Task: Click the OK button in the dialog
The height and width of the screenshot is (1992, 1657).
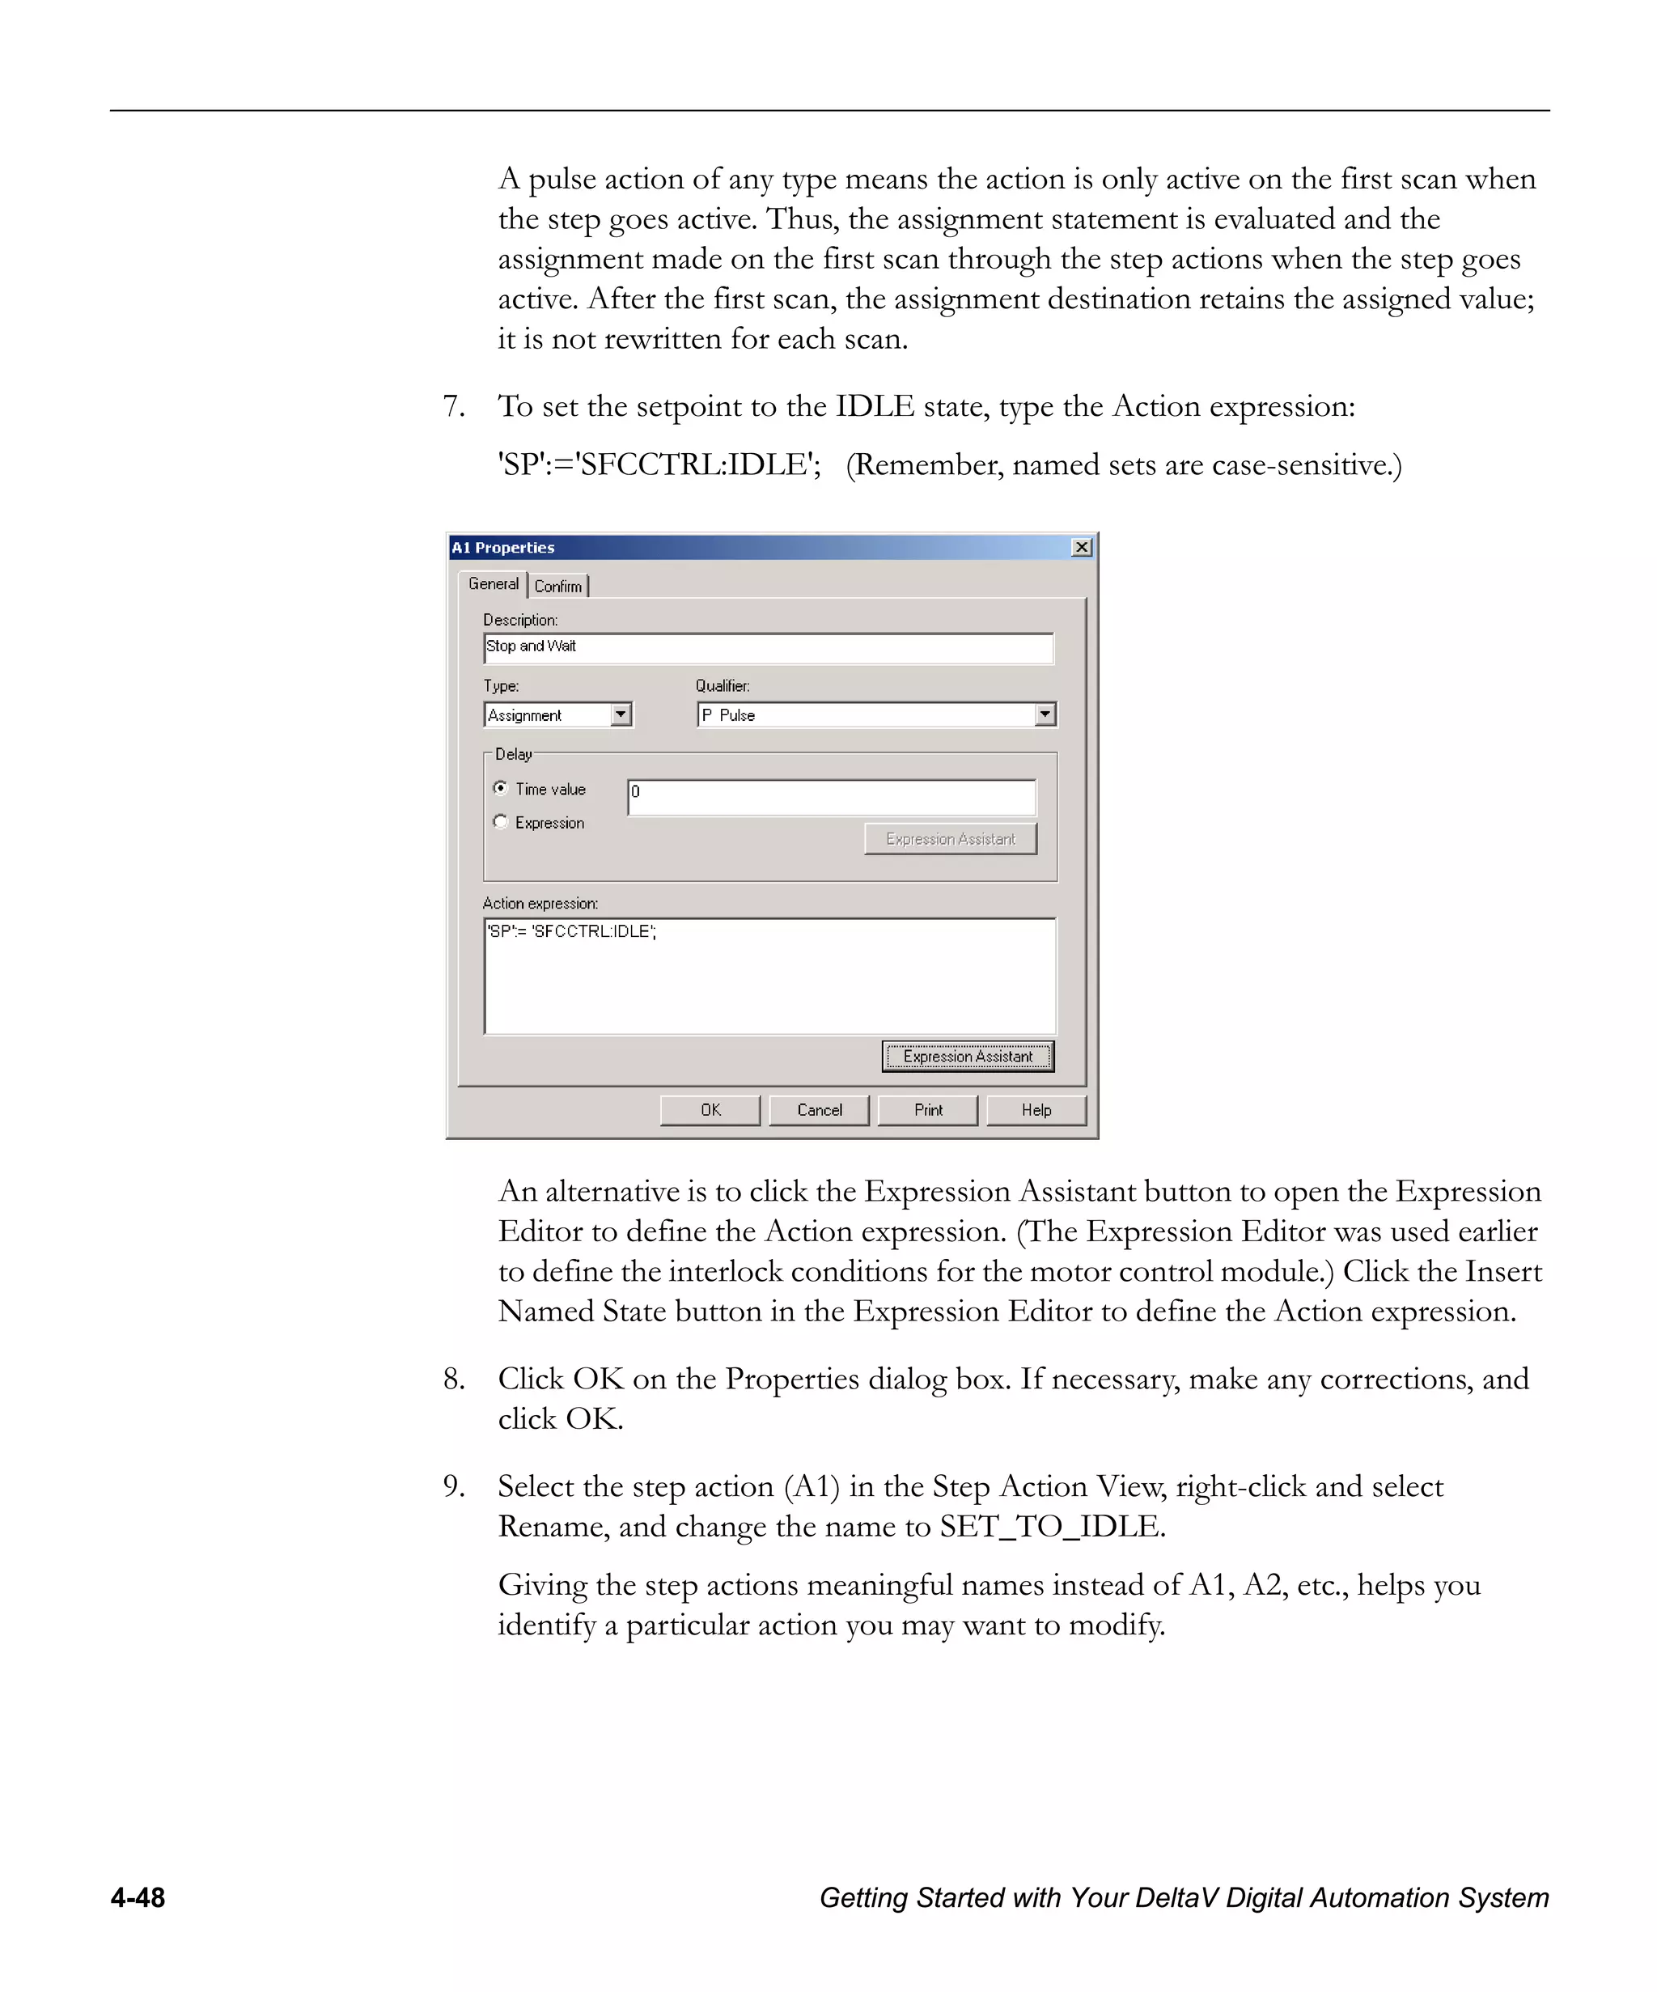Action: click(710, 1110)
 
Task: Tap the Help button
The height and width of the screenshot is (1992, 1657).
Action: click(1036, 1110)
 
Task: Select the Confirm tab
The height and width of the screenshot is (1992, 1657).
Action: click(557, 587)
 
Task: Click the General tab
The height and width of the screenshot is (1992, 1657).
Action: click(494, 583)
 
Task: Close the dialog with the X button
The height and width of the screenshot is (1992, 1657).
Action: click(1081, 547)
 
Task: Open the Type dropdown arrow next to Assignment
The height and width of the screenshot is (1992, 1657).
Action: click(621, 714)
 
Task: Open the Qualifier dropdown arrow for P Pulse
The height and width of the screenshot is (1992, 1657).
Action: click(1045, 714)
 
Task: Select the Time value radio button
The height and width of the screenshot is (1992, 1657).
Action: click(501, 787)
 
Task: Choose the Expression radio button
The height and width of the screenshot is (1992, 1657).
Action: click(501, 821)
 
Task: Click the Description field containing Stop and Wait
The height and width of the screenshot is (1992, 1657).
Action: click(769, 648)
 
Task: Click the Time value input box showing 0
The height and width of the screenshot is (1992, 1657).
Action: click(832, 797)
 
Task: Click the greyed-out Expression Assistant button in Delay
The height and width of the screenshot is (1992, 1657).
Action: click(951, 838)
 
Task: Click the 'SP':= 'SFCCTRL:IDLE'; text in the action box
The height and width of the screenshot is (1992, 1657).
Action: click(571, 931)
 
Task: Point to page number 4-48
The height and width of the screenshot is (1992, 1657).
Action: click(138, 1897)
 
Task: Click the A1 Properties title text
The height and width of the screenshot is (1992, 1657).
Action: click(502, 547)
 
